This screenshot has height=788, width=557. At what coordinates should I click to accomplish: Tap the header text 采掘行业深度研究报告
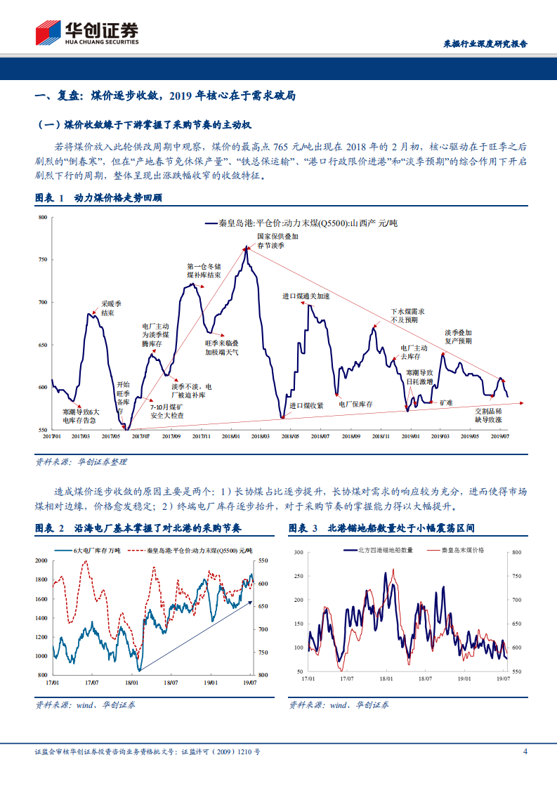point(485,44)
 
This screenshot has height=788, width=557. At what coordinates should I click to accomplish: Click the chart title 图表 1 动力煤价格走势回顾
point(99,199)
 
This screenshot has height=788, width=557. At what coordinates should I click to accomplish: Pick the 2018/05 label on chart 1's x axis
point(289,436)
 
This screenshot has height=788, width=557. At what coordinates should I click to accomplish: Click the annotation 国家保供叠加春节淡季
point(277,241)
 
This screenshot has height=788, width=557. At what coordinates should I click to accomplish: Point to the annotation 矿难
point(446,402)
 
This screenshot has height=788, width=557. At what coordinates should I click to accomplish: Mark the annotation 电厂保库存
point(355,404)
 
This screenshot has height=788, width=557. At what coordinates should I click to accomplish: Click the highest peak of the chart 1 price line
point(246,247)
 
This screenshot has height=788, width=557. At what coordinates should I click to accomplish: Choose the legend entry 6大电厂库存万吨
point(97,550)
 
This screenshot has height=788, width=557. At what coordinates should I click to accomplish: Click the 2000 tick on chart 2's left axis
point(41,560)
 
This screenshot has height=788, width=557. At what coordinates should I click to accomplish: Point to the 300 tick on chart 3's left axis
point(298,553)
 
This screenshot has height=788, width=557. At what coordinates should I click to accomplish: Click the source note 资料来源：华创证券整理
point(81,462)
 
